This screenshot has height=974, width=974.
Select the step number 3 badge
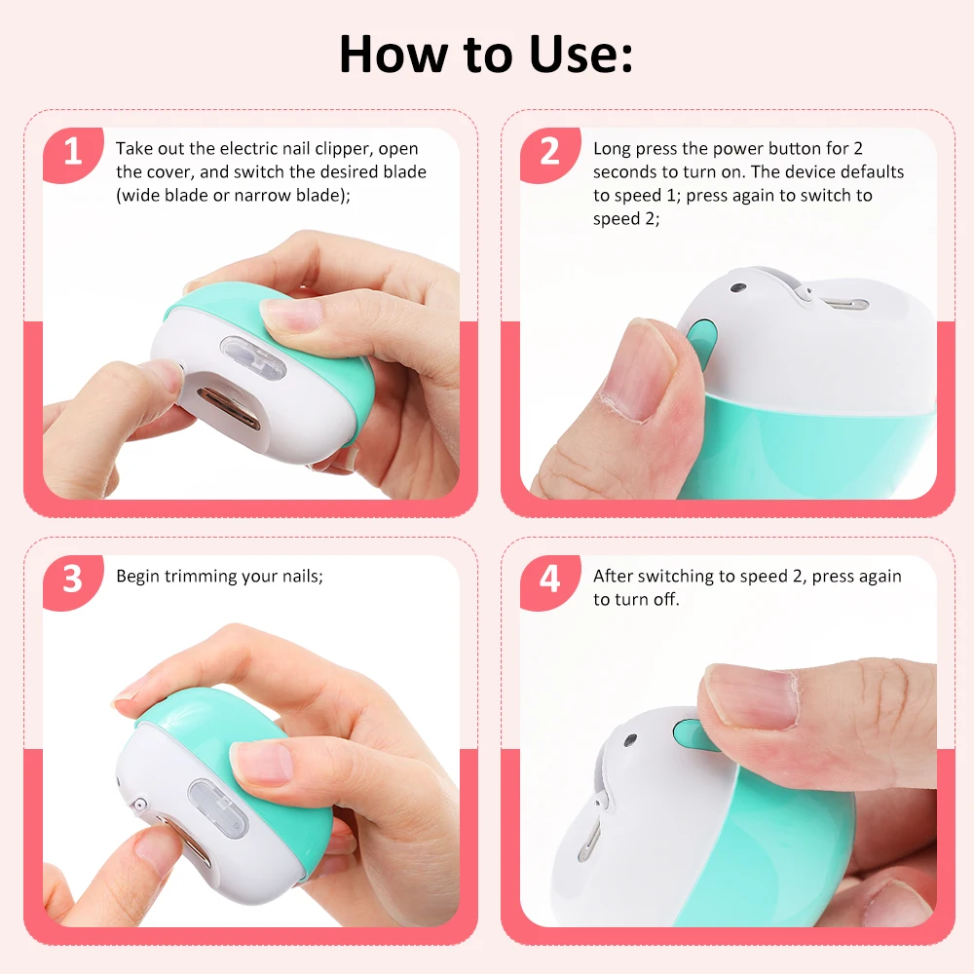[x=73, y=579]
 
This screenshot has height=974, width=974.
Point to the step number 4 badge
[x=550, y=579]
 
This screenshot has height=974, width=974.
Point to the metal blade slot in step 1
[x=231, y=408]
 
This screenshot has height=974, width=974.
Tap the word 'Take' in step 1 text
[x=134, y=149]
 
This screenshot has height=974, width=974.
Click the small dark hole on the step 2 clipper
[x=738, y=288]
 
